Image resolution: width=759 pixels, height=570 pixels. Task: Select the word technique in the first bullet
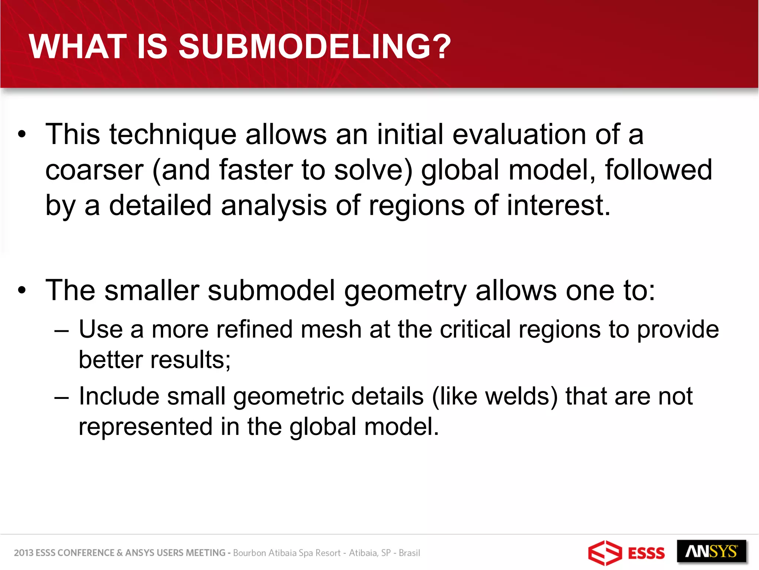(x=173, y=134)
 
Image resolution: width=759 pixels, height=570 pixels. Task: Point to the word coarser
(x=94, y=170)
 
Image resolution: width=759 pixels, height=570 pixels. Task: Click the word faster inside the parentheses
(x=256, y=170)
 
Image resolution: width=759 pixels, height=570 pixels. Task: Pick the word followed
(x=658, y=170)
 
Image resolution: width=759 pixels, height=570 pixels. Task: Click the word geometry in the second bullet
(x=405, y=291)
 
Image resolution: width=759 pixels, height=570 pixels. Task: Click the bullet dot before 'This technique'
(x=22, y=135)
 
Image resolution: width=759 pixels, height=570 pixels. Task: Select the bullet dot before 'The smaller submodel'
(x=22, y=291)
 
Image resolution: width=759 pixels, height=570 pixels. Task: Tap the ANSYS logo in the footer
(x=711, y=551)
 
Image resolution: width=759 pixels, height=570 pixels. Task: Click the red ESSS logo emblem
(x=604, y=553)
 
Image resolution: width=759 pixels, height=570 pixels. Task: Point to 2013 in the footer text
(x=23, y=553)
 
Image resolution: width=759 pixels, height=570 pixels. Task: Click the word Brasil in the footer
(x=409, y=553)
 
